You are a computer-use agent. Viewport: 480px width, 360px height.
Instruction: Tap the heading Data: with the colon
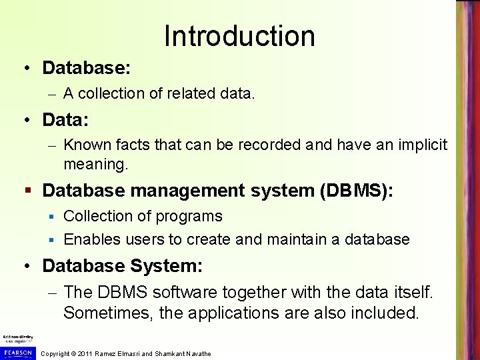click(x=66, y=120)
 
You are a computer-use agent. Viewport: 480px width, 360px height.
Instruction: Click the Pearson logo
click(x=17, y=352)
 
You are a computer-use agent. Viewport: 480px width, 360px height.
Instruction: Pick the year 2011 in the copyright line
click(x=85, y=353)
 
